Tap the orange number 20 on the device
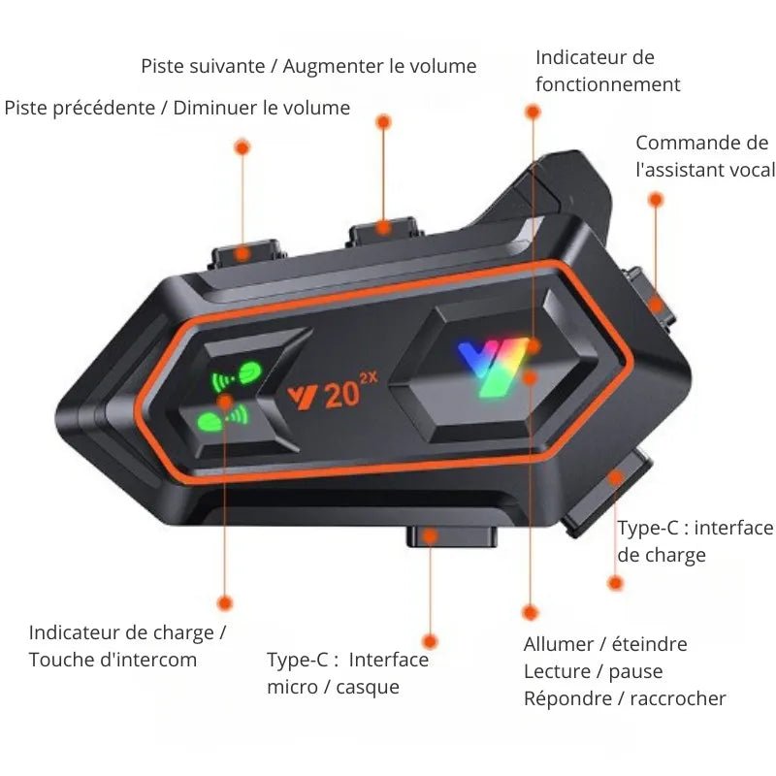342,396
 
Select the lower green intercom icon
222,419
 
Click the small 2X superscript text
369,378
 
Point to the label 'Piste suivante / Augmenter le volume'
308,66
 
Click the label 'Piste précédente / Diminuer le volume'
178,108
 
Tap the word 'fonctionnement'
608,84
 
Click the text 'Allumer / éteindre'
605,644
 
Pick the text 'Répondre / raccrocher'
625,698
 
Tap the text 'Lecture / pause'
594,671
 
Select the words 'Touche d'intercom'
113,660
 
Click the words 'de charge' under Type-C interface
662,555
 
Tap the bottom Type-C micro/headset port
452,536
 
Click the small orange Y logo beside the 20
303,398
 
